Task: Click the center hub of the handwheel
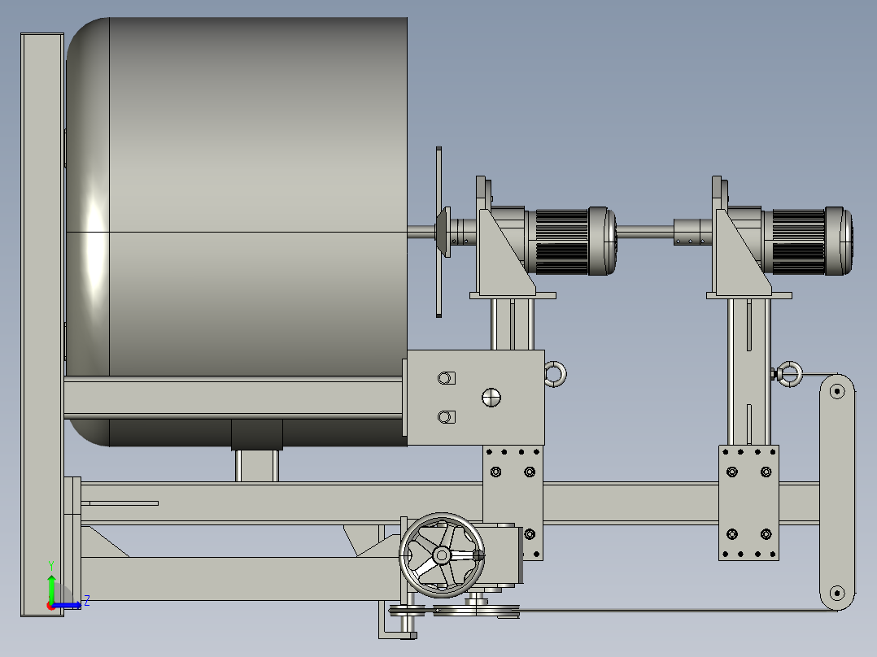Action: click(x=441, y=555)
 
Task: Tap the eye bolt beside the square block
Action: click(x=556, y=374)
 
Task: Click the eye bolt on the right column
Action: click(x=788, y=374)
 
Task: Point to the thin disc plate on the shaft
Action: click(x=439, y=232)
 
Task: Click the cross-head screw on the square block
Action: click(x=491, y=397)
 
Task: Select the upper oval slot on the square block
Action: click(x=446, y=378)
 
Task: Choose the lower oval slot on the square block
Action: click(x=446, y=417)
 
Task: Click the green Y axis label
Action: click(x=51, y=563)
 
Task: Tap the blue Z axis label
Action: click(x=86, y=601)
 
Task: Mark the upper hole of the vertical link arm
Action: click(x=836, y=391)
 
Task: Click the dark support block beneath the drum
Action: click(x=257, y=435)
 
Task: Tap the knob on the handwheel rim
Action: click(x=478, y=556)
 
